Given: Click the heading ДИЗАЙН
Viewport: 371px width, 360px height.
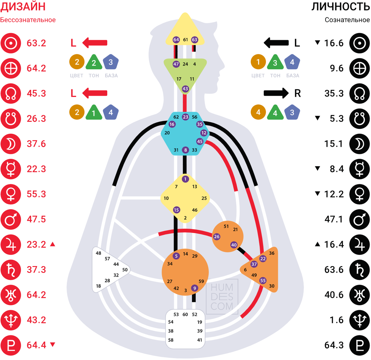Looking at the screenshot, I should click(23, 6).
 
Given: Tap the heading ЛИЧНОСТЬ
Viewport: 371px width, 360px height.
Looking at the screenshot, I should click(340, 6).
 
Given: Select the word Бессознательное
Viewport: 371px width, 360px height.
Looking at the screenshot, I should click(28, 20).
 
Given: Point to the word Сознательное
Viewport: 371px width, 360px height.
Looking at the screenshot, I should click(347, 20).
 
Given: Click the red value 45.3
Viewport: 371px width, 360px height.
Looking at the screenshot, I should click(36, 93).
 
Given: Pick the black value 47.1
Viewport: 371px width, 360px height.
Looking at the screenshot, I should click(334, 219).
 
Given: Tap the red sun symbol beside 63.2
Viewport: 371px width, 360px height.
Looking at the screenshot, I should click(11, 43).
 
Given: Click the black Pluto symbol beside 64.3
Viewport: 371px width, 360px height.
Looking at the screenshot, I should click(360, 345).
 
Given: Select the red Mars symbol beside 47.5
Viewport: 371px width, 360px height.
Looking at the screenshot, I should click(11, 219).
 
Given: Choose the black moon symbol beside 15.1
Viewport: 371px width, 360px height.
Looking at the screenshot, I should click(360, 144).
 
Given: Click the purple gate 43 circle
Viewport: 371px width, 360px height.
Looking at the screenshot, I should click(185, 89).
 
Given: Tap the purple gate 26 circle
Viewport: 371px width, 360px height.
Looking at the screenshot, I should click(216, 237).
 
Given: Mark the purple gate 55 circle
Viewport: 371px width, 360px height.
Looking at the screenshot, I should click(263, 281).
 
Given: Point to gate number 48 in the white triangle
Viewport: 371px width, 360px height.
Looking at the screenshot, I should click(98, 253).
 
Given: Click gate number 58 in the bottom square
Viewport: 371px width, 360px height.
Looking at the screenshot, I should click(171, 340).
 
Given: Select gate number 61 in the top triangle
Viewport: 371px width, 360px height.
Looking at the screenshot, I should click(185, 40).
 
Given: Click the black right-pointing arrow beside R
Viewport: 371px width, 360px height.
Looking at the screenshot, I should click(276, 93).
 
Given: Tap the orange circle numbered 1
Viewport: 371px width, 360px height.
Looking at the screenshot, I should click(258, 62).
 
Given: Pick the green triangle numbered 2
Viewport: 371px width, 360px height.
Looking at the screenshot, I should click(94, 63).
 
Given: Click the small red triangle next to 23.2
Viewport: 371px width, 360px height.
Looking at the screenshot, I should click(53, 244).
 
